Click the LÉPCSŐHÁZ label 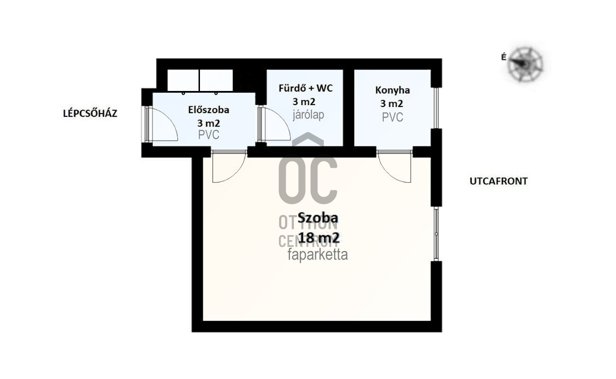90,113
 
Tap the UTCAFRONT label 498,181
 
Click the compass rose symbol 525,64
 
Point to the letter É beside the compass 504,57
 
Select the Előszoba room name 208,110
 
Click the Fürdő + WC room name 306,88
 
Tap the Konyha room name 392,90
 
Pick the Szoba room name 318,218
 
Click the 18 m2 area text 318,238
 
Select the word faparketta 317,255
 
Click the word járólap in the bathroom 308,115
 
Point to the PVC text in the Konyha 392,117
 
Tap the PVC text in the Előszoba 208,135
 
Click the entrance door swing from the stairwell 164,124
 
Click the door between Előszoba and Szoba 229,167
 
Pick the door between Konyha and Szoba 394,167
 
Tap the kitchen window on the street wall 436,108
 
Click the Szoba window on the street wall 436,234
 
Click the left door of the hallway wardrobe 183,81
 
